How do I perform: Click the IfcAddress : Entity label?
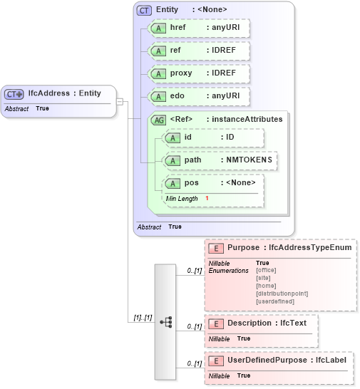tap(64, 93)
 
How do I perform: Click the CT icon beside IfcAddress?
tap(14, 93)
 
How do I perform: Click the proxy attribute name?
tap(181, 73)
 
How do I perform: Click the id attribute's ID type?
tap(230, 137)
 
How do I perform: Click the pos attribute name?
tap(191, 183)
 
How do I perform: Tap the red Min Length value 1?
tap(207, 198)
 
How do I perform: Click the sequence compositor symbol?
tap(165, 322)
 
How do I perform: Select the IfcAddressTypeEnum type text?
tap(310, 247)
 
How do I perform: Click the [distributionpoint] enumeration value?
tap(282, 294)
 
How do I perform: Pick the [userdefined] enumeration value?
tap(274, 301)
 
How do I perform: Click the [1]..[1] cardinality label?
tap(143, 317)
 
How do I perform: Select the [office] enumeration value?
tap(266, 270)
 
